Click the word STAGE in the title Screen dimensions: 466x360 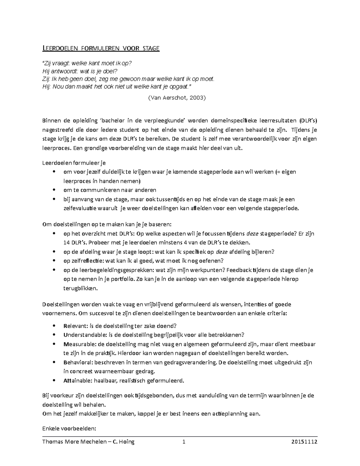tap(151, 48)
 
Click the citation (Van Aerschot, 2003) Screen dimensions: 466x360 tap(177, 98)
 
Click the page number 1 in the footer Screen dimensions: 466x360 tap(184, 442)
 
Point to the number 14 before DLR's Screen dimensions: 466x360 tap(67, 242)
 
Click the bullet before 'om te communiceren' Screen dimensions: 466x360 tap(54, 190)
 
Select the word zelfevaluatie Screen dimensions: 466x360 tap(80, 208)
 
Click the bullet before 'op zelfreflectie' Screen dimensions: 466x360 tap(54, 261)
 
